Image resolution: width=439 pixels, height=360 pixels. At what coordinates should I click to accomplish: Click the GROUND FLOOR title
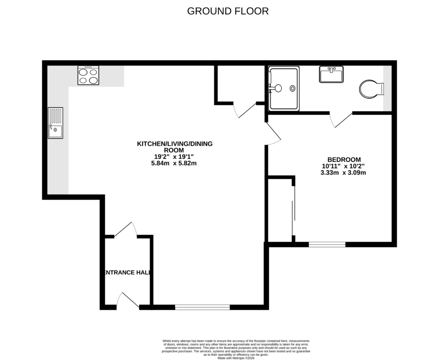[228, 11]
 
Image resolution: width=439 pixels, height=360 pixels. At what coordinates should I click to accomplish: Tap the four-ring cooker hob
[88, 75]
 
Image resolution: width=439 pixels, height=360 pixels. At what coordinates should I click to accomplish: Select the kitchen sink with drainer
[55, 123]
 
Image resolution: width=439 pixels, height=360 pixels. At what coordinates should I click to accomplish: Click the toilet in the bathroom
[371, 89]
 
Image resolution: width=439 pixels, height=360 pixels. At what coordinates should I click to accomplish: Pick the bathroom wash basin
[331, 74]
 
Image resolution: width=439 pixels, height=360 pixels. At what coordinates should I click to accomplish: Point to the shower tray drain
[292, 88]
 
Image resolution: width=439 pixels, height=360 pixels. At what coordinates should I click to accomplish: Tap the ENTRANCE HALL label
[127, 272]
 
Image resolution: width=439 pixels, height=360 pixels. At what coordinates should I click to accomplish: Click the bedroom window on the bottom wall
[327, 245]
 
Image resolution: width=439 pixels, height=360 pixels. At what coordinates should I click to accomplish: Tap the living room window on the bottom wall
[202, 307]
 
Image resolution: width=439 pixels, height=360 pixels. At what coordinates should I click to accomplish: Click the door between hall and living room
[126, 230]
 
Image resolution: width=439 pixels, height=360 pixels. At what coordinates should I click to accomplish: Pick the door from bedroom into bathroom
[342, 120]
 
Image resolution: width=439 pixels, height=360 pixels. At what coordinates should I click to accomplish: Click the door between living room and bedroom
[273, 134]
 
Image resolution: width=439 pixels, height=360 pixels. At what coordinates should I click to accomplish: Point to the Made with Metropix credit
[236, 358]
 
